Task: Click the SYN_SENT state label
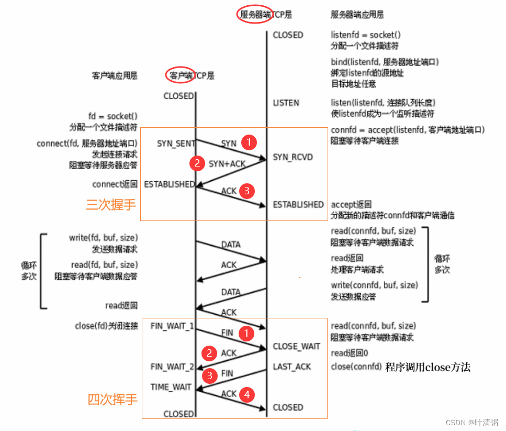click(x=176, y=143)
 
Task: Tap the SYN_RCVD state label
click(x=293, y=157)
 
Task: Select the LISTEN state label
click(x=286, y=103)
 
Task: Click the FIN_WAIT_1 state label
click(x=172, y=326)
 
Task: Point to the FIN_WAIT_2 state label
click(x=172, y=367)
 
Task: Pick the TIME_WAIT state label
click(x=171, y=387)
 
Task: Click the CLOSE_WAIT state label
click(x=296, y=346)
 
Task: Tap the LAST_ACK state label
click(x=292, y=367)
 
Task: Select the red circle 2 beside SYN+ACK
click(x=197, y=163)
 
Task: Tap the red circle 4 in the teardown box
click(x=248, y=394)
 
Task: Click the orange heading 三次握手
click(x=111, y=204)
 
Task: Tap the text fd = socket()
click(x=113, y=116)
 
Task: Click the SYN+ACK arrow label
click(x=227, y=164)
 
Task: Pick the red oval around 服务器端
click(x=255, y=15)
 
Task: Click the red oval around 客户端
click(x=181, y=75)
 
